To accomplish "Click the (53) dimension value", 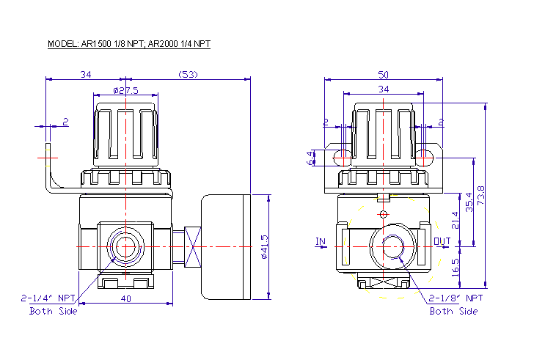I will tap(189, 74).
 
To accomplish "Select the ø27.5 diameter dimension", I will tap(125, 90).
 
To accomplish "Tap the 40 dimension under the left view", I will tap(125, 298).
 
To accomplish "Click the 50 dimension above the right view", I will tap(383, 74).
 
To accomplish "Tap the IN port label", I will tap(320, 241).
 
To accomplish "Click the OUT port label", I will tap(442, 241).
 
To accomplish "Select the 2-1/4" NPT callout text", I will tap(48, 298).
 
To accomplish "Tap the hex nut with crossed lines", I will tap(192, 247).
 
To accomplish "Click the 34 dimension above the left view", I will tap(86, 74).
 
